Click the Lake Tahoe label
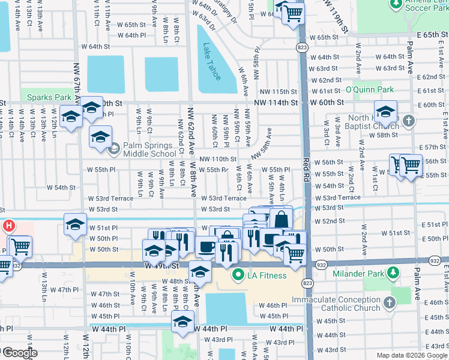[x=211, y=62]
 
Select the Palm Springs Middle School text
[x=149, y=149]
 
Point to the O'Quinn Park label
[x=370, y=90]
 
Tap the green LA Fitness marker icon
[x=238, y=275]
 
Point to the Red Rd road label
[x=306, y=170]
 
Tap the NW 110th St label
[x=218, y=159]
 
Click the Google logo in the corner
[x=19, y=353]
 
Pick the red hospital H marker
[x=9, y=227]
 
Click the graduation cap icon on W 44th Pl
[x=183, y=322]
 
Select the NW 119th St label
[x=335, y=16]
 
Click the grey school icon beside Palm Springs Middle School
[x=115, y=149]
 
